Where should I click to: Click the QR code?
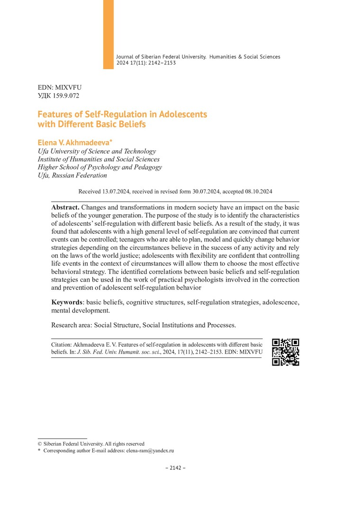coord(285,352)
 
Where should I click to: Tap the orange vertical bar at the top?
coord(108,34)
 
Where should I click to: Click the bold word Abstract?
coord(65,208)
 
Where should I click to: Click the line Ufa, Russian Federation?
coord(72,175)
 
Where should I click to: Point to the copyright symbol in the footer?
coord(40,444)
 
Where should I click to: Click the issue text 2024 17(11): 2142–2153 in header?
coord(146,63)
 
